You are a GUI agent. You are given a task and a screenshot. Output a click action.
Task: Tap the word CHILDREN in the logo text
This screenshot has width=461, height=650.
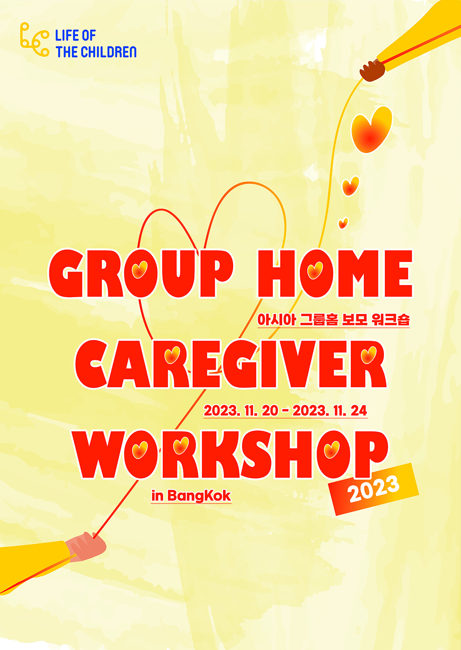tap(108, 52)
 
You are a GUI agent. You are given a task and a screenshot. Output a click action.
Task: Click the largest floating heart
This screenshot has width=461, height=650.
tap(371, 129)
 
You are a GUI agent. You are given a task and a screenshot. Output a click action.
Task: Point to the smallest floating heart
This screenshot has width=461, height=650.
tap(343, 223)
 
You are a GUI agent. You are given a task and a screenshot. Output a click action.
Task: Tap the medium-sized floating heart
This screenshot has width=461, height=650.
tap(350, 186)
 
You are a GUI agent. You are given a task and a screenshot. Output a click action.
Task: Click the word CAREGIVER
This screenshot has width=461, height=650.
tap(231, 364)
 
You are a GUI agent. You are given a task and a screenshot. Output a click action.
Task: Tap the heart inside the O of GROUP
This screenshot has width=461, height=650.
tap(140, 270)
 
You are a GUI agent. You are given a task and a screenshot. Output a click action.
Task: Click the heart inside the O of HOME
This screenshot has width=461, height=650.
tap(315, 270)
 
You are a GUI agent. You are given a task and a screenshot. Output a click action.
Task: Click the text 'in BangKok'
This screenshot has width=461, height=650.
tap(191, 496)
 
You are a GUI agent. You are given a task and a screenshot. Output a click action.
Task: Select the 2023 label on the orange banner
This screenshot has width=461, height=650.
tap(373, 490)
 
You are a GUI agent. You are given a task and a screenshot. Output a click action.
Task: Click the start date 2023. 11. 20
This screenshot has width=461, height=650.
tap(241, 411)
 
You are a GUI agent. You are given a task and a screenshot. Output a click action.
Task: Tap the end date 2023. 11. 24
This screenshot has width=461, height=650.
tap(330, 411)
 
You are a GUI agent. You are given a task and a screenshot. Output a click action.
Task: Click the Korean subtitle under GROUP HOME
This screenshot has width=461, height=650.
tap(333, 319)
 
